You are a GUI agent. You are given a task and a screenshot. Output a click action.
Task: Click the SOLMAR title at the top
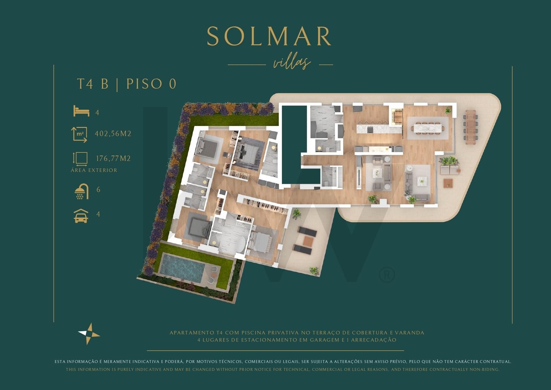point(269,36)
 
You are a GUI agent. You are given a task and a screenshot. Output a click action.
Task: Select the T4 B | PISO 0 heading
point(127,84)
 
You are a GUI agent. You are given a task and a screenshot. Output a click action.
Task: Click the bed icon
point(81,111)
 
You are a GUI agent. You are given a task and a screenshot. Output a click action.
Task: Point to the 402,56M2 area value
point(113,134)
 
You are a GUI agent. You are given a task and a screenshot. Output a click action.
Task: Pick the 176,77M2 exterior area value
point(113,158)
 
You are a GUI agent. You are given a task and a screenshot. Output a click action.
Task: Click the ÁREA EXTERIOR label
point(94,170)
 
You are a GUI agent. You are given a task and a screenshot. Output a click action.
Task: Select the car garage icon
point(81,216)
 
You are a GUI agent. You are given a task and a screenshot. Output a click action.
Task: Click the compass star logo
point(89,333)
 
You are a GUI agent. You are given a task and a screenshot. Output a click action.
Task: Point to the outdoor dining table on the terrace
point(471,127)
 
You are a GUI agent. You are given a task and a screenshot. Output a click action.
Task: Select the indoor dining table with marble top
point(428,128)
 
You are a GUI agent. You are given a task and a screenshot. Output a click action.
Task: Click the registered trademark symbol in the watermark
point(387,275)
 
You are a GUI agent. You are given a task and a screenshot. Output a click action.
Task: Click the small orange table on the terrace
point(448,183)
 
